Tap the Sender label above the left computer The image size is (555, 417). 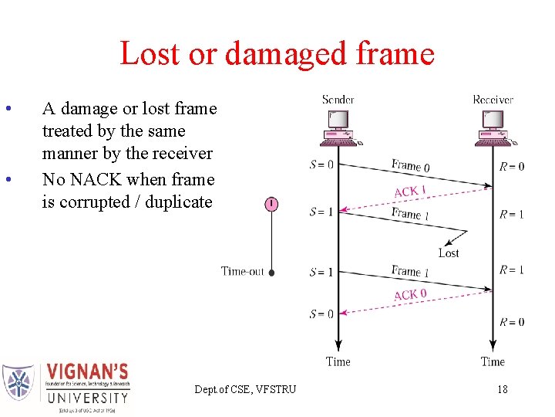point(338,100)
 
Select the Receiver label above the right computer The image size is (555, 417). point(493,100)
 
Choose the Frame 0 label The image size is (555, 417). point(410,165)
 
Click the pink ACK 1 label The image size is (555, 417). point(410,192)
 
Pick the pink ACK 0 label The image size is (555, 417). point(410,295)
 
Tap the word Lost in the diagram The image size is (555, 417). point(449,253)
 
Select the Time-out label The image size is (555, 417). point(242,271)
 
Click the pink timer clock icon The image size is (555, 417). point(271,204)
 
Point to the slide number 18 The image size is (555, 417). point(502,389)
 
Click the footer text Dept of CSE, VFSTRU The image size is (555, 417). point(245,389)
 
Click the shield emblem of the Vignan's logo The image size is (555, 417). point(18,382)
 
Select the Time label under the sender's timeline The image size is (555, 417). point(338,361)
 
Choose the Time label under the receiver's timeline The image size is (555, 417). point(493,361)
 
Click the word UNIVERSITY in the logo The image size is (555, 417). point(87,398)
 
